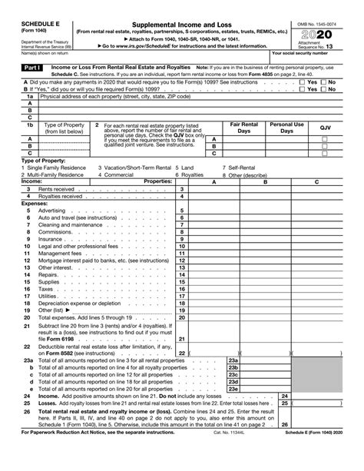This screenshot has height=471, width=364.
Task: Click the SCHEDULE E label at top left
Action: coord(24,7)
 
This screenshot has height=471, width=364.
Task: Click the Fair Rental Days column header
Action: coord(244,127)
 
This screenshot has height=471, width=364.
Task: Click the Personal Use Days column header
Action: coord(286,127)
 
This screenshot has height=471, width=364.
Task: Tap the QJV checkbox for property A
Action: coord(324,139)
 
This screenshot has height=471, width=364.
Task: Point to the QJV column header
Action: coord(324,127)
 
